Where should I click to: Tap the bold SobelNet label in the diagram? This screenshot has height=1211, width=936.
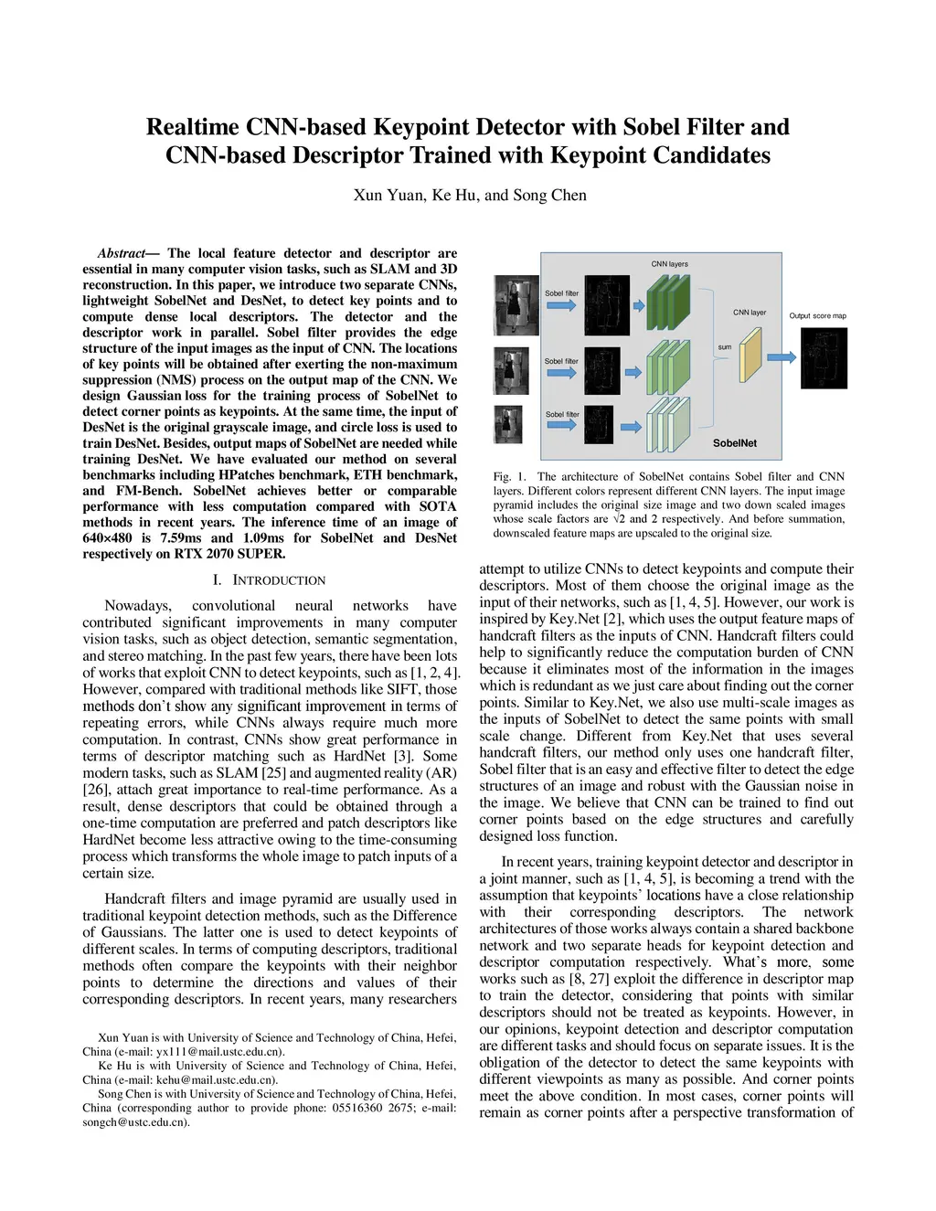pyautogui.click(x=735, y=443)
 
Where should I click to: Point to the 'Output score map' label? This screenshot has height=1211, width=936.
pyautogui.click(x=818, y=316)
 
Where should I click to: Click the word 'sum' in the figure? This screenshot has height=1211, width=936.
pyautogui.click(x=724, y=347)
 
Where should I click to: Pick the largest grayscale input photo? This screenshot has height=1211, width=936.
pyautogui.click(x=517, y=306)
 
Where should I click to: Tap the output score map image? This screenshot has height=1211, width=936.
pyautogui.click(x=824, y=360)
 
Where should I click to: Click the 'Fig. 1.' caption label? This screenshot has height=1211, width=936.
pyautogui.click(x=510, y=476)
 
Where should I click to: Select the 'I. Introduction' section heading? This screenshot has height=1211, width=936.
pyautogui.click(x=269, y=580)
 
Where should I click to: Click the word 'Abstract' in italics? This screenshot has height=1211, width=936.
pyautogui.click(x=122, y=253)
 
